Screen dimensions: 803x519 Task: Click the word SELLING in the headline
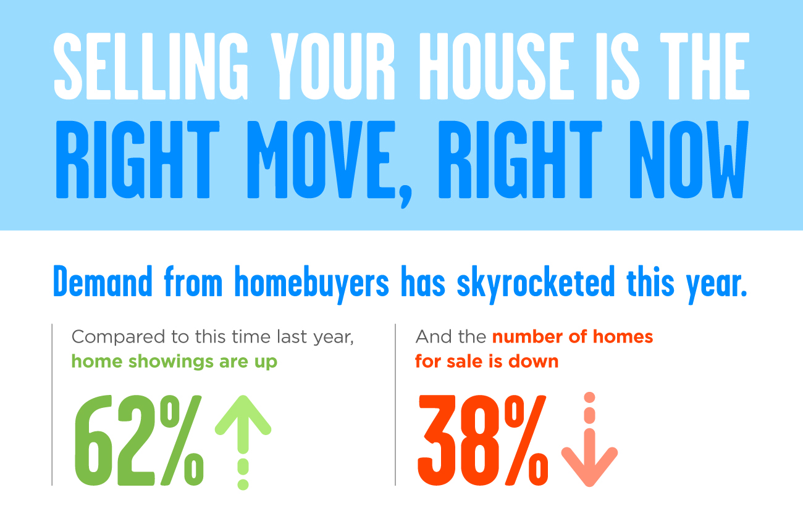pos(151,66)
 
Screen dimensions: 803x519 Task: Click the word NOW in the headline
pos(689,159)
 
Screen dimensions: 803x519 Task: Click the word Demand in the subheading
pos(103,281)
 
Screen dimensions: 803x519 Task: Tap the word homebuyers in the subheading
pos(311,284)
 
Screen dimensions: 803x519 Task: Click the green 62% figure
pos(139,440)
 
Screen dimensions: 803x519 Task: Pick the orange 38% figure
pos(483,440)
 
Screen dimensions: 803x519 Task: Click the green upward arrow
pos(243,442)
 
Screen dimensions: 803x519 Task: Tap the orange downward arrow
pos(589,439)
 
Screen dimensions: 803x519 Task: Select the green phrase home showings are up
pos(174,362)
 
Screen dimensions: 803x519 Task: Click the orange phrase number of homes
pos(573,337)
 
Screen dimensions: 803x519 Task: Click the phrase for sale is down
pos(487,361)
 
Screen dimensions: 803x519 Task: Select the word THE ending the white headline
pos(705,66)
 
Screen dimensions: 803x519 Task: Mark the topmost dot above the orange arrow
pos(589,397)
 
